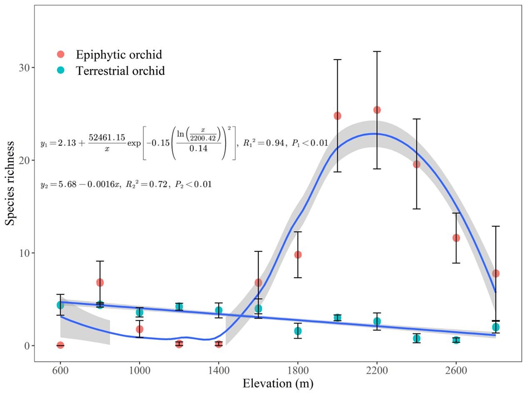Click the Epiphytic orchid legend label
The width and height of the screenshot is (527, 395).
pos(119,54)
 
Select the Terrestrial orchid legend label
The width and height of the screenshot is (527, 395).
pos(120,71)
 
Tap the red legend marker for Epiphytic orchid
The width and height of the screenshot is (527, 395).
pos(61,54)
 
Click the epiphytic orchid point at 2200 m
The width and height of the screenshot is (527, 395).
pos(377,110)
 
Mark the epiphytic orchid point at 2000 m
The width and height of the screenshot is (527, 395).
pos(337,115)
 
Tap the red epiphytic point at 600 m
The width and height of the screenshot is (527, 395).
pos(60,345)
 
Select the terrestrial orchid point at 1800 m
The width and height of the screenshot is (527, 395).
pos(298,331)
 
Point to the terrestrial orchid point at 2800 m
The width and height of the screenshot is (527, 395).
pos(495,327)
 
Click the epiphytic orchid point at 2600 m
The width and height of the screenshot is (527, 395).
pos(456,238)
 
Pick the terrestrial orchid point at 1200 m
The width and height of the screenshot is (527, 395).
pos(179,307)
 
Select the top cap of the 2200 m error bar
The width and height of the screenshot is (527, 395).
pos(377,52)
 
